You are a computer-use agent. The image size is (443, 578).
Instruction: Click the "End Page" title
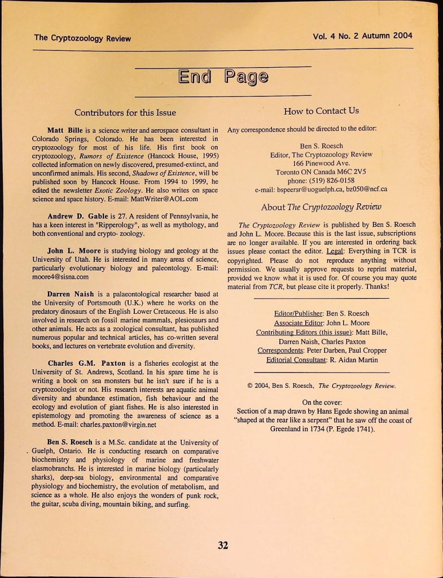tap(223, 77)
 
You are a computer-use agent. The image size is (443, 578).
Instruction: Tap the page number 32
tap(223, 545)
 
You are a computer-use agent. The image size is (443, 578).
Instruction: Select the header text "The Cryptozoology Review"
tap(82, 38)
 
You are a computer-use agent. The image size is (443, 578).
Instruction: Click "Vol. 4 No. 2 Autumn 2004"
tap(362, 36)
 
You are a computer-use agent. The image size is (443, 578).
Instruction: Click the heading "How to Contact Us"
tap(321, 111)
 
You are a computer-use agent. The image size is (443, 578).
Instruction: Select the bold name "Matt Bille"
tap(66, 130)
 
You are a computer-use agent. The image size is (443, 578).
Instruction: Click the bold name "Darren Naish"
tap(70, 294)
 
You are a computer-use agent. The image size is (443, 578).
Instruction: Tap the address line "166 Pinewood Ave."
tap(321, 163)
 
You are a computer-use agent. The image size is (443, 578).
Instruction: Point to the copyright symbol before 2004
tap(250, 386)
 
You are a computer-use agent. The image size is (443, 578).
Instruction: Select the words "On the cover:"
tap(321, 402)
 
